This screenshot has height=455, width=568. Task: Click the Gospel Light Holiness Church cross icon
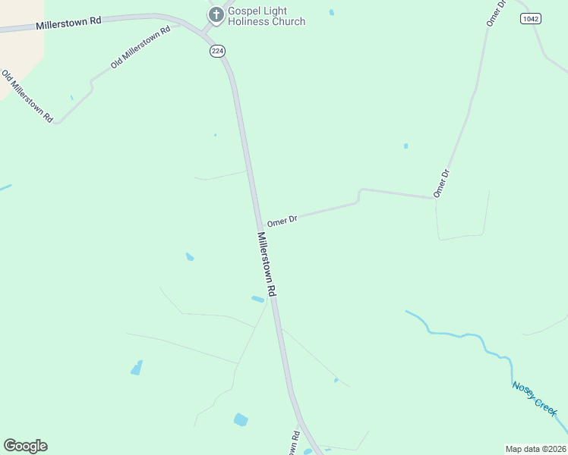(x=216, y=14)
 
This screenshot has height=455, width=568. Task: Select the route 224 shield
(x=217, y=51)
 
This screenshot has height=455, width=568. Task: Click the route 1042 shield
(x=530, y=17)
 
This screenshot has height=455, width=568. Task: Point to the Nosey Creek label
(x=535, y=397)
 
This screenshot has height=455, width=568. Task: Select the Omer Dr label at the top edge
(x=496, y=13)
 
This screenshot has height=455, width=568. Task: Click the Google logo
(x=25, y=446)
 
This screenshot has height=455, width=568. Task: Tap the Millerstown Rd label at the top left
(x=68, y=22)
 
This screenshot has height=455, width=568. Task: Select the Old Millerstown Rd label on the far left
(x=27, y=96)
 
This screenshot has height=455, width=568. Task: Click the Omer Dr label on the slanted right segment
(x=442, y=184)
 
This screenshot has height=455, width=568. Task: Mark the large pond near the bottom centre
(x=241, y=419)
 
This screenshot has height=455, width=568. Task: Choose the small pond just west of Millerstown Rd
(x=258, y=299)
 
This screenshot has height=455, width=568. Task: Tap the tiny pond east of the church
(x=332, y=12)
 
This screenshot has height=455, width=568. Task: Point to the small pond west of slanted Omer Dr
(x=406, y=146)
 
